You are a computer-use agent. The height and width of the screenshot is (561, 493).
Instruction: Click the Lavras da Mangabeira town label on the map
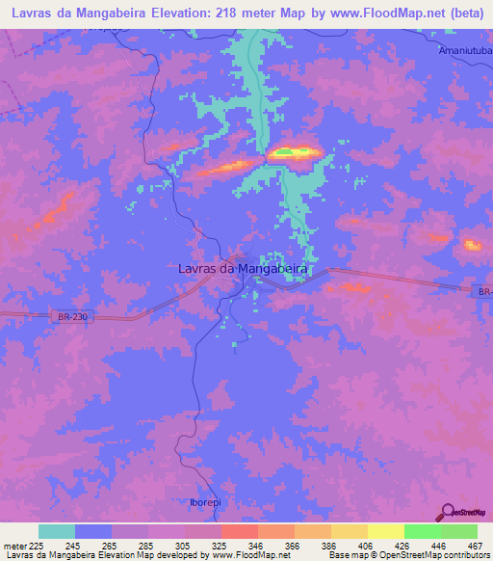(243, 271)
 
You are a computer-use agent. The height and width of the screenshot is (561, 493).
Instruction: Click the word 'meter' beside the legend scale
(14, 545)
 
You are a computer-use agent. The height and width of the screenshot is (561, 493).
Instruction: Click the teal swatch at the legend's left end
(57, 531)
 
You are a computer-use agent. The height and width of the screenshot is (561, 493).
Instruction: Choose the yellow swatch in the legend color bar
(385, 531)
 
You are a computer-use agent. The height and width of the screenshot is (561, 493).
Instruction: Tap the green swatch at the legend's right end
(458, 531)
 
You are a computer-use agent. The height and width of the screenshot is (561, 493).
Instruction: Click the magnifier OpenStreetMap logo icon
(449, 511)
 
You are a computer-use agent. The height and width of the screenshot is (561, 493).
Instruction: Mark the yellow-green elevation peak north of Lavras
(295, 152)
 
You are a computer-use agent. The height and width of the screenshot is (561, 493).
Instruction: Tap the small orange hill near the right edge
(473, 245)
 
